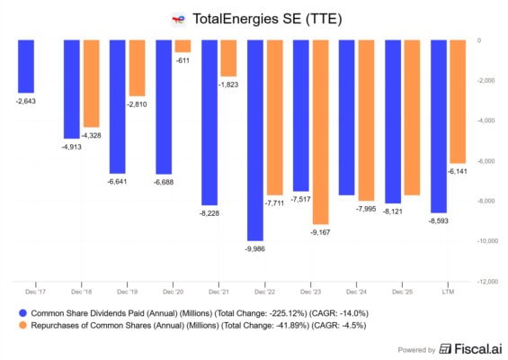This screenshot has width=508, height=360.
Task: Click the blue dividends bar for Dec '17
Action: point(26,67)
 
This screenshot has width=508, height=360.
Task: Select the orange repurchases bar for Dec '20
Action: point(183,47)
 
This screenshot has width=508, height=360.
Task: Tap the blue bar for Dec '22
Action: point(255,140)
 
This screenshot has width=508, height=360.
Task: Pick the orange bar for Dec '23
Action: point(321,132)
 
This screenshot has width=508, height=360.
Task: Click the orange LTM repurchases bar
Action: point(459,102)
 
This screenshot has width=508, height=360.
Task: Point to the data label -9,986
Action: point(255,249)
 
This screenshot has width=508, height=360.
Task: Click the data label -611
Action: point(183,60)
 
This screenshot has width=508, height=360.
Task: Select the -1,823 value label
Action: point(228,85)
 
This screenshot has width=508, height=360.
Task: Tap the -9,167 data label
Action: point(320,232)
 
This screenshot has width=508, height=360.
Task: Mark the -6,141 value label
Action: point(458,172)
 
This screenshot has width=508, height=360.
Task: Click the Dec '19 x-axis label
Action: point(128,292)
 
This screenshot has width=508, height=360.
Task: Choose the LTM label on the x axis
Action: point(448,292)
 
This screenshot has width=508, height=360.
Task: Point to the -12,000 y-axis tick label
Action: point(487,282)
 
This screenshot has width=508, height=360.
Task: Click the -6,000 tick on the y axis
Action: point(486,161)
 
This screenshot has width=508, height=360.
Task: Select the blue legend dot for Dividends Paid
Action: point(23,313)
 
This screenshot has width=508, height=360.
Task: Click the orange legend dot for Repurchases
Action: point(23,325)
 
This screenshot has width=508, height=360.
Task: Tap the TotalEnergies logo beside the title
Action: point(179,20)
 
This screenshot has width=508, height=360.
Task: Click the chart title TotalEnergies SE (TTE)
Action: point(267,19)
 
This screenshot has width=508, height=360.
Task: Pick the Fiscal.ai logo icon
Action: point(445,349)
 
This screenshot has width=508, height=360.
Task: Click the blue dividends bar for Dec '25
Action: point(393,121)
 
